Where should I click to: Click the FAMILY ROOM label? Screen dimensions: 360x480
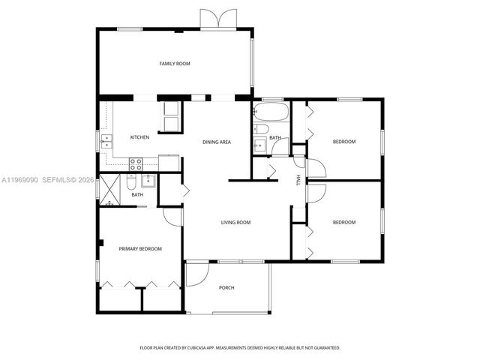click(174, 64)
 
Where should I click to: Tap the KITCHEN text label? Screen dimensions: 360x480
click(139, 137)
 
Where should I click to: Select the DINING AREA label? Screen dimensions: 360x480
click(217, 142)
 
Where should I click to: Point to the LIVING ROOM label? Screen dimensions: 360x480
click(235, 222)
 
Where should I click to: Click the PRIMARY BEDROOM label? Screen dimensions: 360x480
click(140, 248)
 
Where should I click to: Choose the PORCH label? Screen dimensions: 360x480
click(226, 288)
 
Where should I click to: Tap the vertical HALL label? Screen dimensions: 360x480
click(298, 180)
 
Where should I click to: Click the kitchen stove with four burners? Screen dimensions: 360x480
click(136, 161)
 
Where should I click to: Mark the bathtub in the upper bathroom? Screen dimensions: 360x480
click(269, 112)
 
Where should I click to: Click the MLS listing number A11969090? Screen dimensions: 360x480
click(18, 180)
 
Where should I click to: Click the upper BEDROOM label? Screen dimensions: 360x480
click(344, 142)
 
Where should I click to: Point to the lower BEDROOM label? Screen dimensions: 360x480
click(344, 222)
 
